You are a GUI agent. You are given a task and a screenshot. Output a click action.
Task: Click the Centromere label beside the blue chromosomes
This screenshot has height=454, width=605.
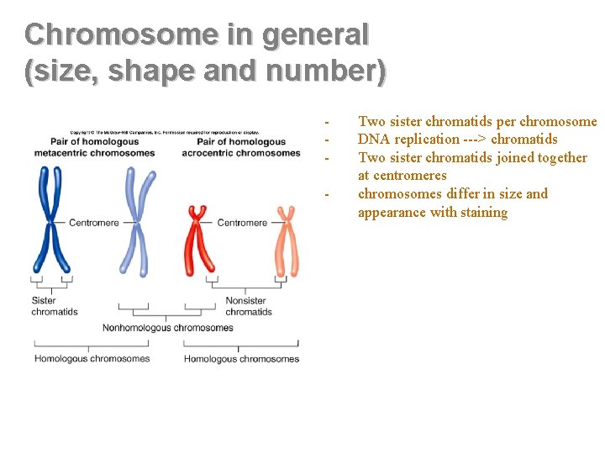point(93,223)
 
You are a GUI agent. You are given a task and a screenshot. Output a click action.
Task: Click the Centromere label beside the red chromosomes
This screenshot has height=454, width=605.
point(242,223)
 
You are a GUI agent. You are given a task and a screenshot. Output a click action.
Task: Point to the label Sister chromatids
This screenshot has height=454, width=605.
point(54,306)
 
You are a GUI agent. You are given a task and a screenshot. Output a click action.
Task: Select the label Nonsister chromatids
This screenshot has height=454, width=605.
point(249,306)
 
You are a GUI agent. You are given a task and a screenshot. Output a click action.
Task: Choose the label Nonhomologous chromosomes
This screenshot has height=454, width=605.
point(167,328)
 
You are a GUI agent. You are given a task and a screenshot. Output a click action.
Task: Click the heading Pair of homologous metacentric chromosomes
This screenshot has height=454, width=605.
point(94,147)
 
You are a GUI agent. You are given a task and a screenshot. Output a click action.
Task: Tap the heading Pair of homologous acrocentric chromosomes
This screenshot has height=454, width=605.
point(241,147)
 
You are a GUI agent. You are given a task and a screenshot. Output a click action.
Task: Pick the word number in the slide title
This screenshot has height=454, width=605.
point(322,71)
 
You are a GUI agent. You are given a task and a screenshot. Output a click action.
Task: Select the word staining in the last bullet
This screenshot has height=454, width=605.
point(482,213)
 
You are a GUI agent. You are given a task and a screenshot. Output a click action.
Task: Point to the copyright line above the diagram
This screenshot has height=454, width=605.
point(165,133)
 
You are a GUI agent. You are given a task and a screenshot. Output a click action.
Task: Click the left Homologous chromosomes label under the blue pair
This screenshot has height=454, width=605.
point(92,359)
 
